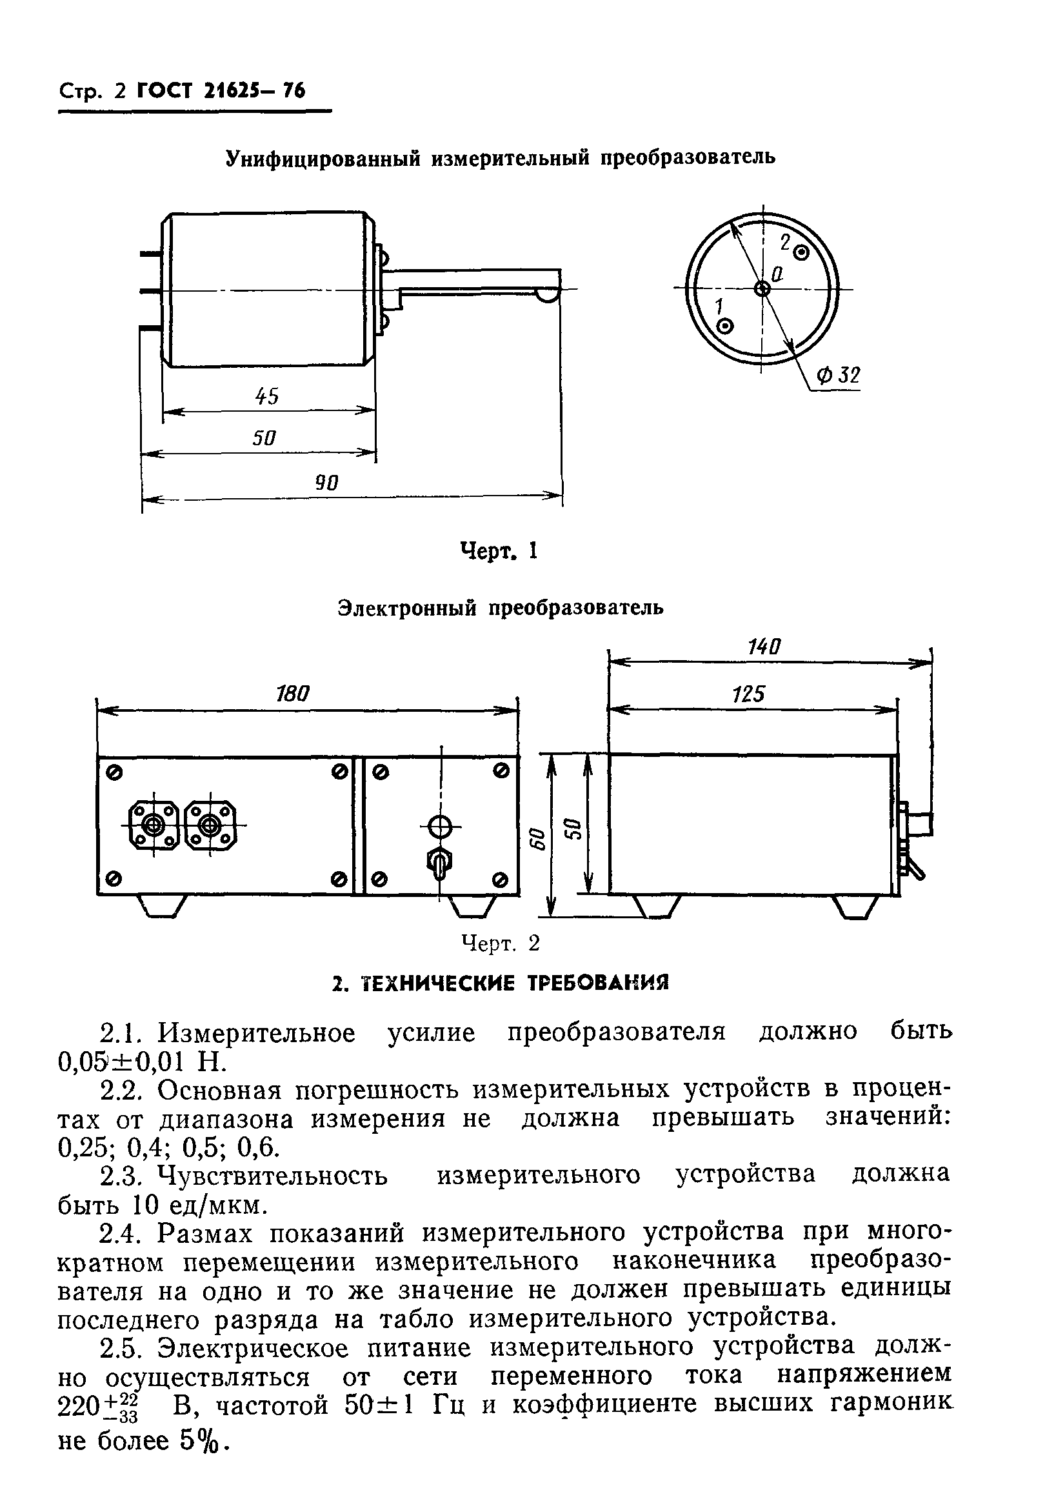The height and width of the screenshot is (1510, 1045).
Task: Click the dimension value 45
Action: pyautogui.click(x=266, y=396)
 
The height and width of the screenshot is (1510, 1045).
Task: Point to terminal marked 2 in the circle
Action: pyautogui.click(x=801, y=252)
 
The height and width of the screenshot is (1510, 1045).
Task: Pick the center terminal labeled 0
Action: pyautogui.click(x=762, y=288)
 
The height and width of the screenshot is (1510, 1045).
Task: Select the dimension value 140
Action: pyautogui.click(x=764, y=647)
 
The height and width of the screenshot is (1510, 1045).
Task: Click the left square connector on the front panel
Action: pyautogui.click(x=155, y=826)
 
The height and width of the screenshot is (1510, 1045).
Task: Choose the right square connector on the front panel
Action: pyautogui.click(x=210, y=826)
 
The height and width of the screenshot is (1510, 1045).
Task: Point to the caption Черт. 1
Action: pyautogui.click(x=499, y=551)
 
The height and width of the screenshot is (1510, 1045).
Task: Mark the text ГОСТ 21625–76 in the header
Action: pyautogui.click(x=221, y=90)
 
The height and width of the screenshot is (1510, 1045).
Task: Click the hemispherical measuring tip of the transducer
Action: pyautogui.click(x=548, y=296)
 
